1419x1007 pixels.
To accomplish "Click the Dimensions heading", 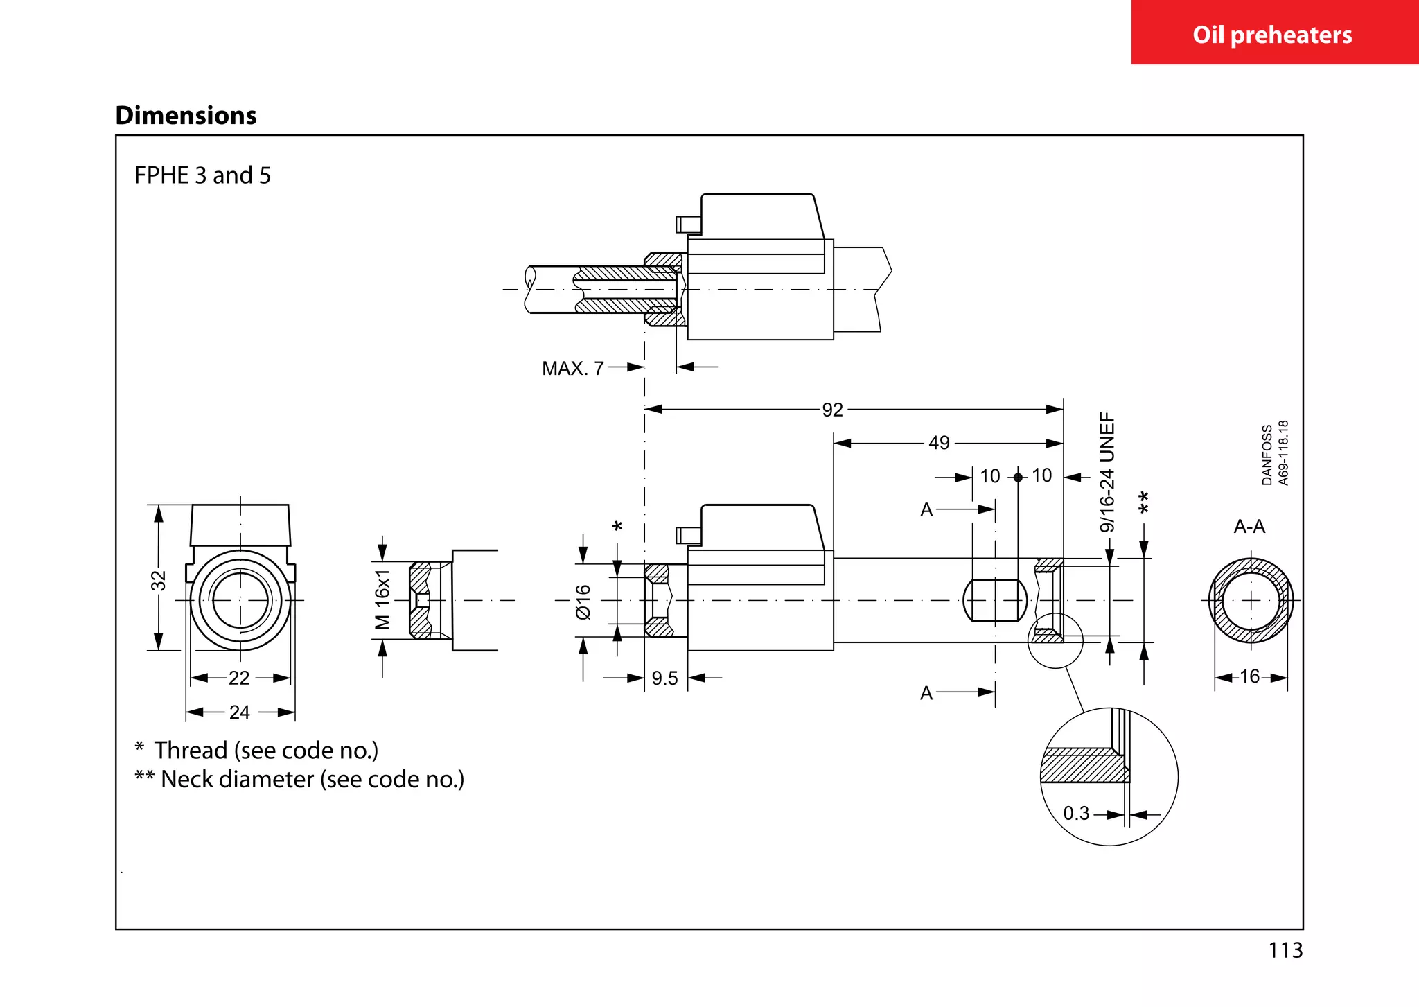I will [x=186, y=115].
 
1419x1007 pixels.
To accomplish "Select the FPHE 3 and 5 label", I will [x=202, y=175].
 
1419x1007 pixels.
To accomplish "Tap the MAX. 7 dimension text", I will [x=572, y=368].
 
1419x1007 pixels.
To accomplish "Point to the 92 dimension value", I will [x=832, y=410].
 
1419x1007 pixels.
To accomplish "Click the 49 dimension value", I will [x=939, y=443].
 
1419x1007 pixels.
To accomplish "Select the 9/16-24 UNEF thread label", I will [x=1107, y=472].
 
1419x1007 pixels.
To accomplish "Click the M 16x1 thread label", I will [x=382, y=599].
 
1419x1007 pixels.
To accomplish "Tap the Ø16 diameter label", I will [x=583, y=601].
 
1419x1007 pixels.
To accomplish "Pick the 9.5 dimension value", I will [x=664, y=678].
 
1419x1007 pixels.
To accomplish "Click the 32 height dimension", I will [x=159, y=580].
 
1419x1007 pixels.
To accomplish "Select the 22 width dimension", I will [x=239, y=678].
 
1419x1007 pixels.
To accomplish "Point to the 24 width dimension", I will [x=239, y=712].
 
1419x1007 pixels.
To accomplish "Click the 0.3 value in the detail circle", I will [x=1076, y=814].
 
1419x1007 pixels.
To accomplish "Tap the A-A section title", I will [x=1249, y=527].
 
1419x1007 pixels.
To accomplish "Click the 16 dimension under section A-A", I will [x=1249, y=676].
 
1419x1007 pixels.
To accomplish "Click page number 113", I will [x=1285, y=950].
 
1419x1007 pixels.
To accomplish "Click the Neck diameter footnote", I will [x=299, y=780].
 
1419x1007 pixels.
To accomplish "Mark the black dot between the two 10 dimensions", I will [x=1018, y=478].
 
